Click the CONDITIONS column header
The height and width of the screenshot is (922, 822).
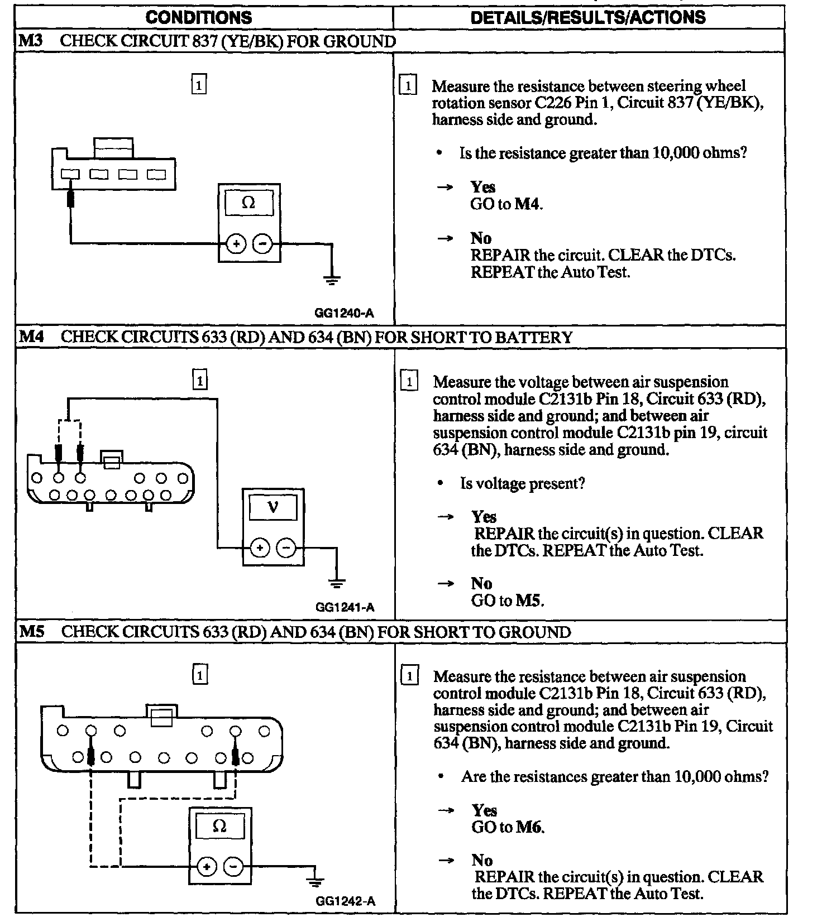pos(198,17)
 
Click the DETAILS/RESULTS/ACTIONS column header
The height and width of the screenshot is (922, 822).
pos(588,17)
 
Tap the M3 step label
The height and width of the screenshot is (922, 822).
pos(30,41)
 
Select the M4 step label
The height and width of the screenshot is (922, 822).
pos(31,337)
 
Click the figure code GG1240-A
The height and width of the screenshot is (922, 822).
pos(344,313)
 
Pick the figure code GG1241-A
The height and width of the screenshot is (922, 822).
pos(345,607)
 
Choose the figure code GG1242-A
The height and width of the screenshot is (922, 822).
pos(345,901)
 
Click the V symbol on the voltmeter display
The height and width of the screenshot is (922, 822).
pos(273,507)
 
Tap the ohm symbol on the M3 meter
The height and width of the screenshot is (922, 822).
pos(248,203)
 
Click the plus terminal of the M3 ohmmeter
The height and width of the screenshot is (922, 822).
pos(236,244)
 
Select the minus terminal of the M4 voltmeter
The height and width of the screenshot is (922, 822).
pos(286,548)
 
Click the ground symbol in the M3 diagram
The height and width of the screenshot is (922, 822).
pos(332,280)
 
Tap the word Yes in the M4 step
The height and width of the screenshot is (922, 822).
pos(484,516)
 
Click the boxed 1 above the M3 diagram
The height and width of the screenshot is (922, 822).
pos(199,85)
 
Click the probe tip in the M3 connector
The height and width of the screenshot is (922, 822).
pos(70,196)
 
